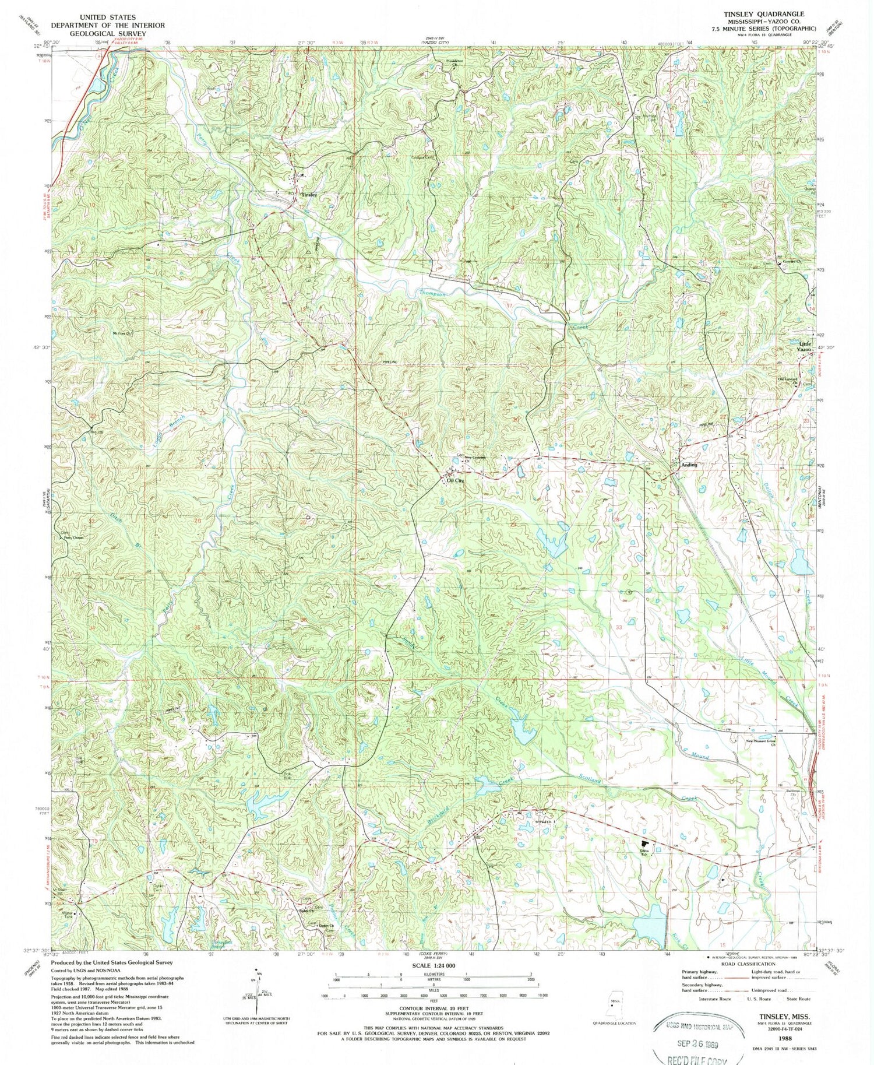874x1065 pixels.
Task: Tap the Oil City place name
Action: click(455, 481)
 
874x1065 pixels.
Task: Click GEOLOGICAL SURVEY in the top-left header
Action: click(108, 34)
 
